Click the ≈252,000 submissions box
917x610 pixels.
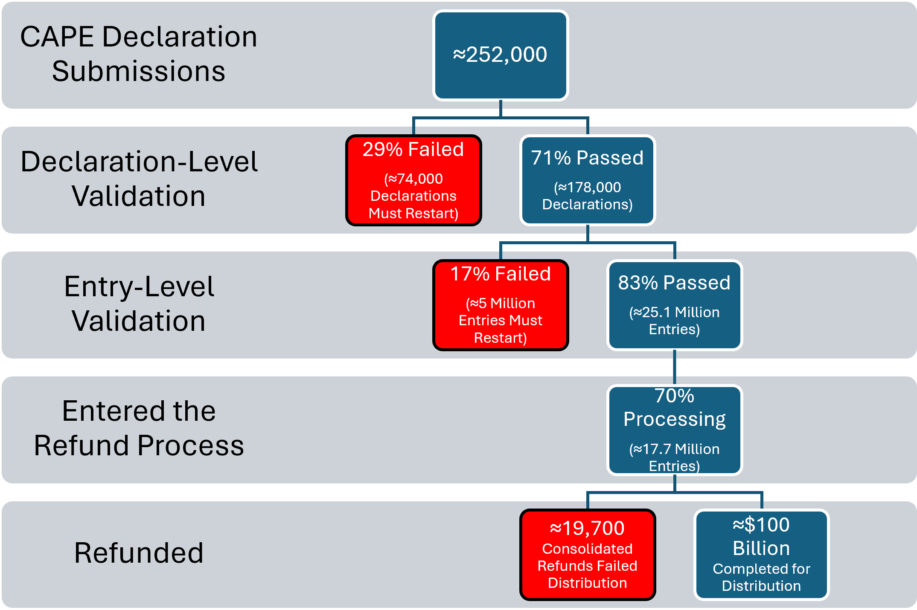[501, 55]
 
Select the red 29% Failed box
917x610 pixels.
[413, 180]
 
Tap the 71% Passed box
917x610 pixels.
[588, 180]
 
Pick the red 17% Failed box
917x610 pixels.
[501, 305]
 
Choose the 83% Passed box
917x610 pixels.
[675, 305]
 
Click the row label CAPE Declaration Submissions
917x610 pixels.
[139, 54]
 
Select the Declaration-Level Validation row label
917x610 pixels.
[139, 179]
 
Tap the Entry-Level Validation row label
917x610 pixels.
[139, 304]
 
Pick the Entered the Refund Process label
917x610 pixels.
[139, 428]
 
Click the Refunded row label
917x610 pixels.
[139, 553]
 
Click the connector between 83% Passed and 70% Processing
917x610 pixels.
[675, 367]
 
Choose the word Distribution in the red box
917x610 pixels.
[588, 583]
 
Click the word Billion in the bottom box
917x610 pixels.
[761, 548]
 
